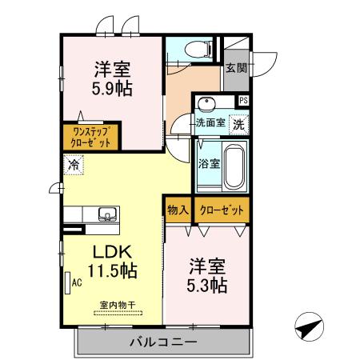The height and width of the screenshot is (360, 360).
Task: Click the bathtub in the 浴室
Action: [x=232, y=166]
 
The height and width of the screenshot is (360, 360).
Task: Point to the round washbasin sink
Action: [x=207, y=106]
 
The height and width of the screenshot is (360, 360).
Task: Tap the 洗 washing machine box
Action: [x=238, y=124]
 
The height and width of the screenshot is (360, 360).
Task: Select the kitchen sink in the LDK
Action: [x=106, y=214]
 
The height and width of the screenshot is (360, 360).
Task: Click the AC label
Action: [x=78, y=282]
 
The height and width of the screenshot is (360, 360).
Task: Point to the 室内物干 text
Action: [x=117, y=303]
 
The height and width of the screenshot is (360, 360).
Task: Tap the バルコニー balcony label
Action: [x=163, y=342]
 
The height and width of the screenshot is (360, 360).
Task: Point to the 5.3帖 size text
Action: [x=208, y=284]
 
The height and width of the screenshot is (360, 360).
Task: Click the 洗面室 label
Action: [x=211, y=124]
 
